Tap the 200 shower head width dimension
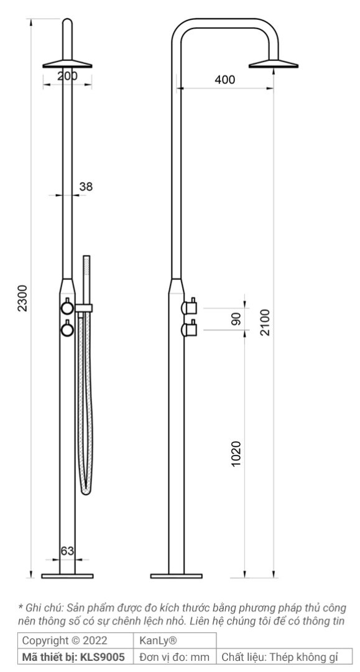[x=67, y=76]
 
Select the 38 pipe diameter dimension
[x=86, y=185]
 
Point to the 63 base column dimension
[x=67, y=550]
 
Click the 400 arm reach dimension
[x=224, y=80]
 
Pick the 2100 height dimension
[x=265, y=322]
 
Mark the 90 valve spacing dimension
[x=236, y=318]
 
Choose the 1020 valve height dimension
[x=236, y=455]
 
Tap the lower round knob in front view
[x=67, y=328]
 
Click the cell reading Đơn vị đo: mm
[x=175, y=656]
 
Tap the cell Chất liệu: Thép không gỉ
[x=285, y=656]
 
